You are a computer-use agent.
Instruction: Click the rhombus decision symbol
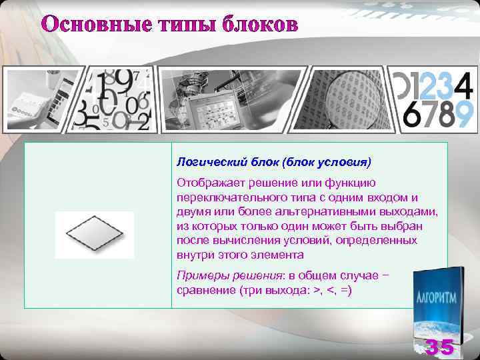pyautogui.click(x=94, y=235)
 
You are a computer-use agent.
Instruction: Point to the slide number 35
pyautogui.click(x=440, y=347)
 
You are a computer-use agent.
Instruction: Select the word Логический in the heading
pyautogui.click(x=204, y=161)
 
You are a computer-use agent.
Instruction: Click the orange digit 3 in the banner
pyautogui.click(x=445, y=85)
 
